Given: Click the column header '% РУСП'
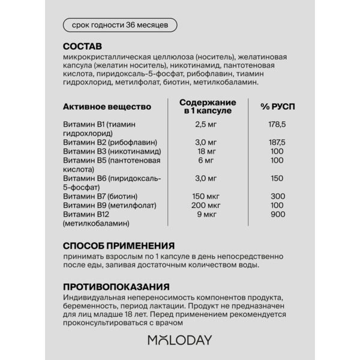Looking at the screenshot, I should point(277,106).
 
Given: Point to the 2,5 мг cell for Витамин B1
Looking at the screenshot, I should point(206,124).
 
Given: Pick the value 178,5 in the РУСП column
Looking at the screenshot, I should point(277,124).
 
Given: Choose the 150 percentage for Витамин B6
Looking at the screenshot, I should point(277,178).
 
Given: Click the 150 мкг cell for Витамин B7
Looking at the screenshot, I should point(206,196).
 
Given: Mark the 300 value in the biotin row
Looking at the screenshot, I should point(277,196).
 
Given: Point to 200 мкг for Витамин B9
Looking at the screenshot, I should point(206,205).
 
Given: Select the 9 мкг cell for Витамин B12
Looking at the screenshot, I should point(206,214).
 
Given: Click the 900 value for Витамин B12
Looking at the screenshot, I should point(277,214).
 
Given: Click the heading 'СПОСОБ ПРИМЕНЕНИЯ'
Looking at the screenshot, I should point(119,245).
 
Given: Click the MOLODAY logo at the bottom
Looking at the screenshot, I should point(179,340).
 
